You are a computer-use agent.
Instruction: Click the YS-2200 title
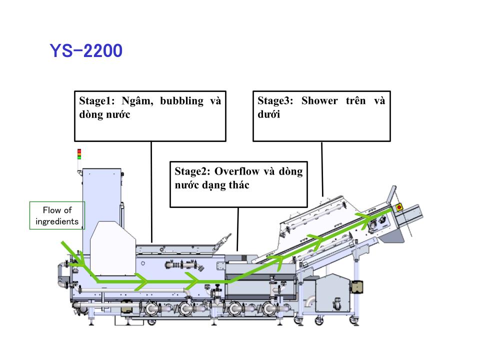tap(86, 51)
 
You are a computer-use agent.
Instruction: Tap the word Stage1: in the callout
tap(96, 100)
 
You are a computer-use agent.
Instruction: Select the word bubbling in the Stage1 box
tap(182, 101)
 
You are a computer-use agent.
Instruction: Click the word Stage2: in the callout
tap(192, 171)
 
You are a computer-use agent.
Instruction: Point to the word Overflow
tap(236, 171)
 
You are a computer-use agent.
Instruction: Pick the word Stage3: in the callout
tap(275, 100)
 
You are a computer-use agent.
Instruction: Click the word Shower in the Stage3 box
tap(319, 100)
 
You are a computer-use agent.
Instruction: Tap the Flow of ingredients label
tap(57, 215)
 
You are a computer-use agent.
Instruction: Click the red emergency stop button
tap(399, 207)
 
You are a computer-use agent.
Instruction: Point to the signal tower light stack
tap(79, 154)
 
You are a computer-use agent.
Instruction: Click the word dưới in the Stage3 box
tap(269, 114)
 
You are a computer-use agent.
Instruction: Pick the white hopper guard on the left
tap(113, 248)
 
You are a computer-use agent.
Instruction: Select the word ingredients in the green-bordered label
tap(57, 221)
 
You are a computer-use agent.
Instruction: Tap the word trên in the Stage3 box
tap(355, 100)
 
